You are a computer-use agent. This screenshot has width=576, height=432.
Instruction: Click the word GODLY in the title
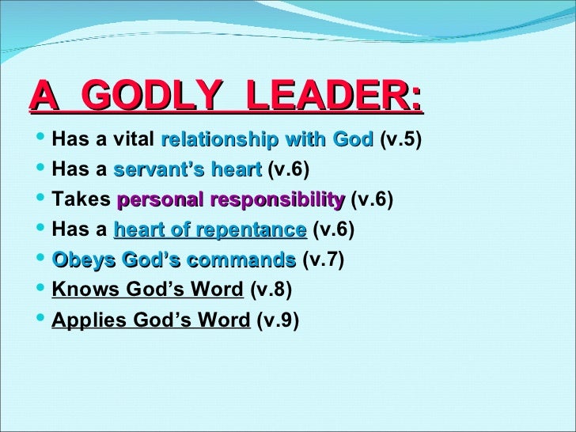click(x=150, y=97)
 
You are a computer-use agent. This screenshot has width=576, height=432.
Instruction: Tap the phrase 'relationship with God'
click(x=267, y=141)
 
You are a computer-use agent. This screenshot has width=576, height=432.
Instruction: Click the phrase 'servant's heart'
click(x=188, y=170)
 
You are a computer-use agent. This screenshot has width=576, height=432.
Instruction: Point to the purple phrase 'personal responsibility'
click(x=230, y=199)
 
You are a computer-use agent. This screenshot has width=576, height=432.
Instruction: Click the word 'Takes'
click(x=80, y=199)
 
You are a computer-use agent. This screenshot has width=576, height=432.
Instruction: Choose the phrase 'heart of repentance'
click(x=210, y=230)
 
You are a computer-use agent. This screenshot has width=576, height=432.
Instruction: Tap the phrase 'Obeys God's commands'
click(x=173, y=260)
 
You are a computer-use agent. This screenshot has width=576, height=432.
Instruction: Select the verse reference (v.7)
click(x=323, y=260)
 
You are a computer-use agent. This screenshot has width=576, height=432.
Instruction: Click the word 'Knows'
click(x=79, y=290)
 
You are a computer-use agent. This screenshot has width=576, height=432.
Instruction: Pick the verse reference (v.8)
click(x=271, y=290)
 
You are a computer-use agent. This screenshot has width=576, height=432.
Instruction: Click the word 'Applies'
click(x=83, y=321)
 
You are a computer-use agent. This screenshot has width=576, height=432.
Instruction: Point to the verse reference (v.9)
click(x=279, y=321)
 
